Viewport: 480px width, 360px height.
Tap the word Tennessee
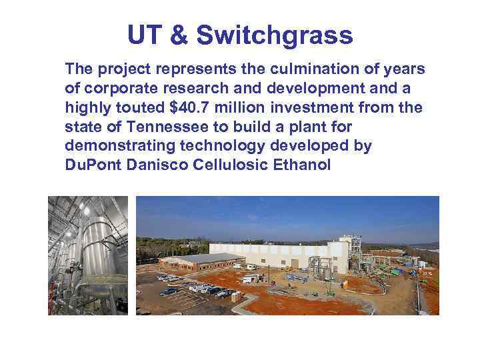pyautogui.click(x=174, y=127)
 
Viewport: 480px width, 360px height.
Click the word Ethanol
pyautogui.click(x=303, y=165)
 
